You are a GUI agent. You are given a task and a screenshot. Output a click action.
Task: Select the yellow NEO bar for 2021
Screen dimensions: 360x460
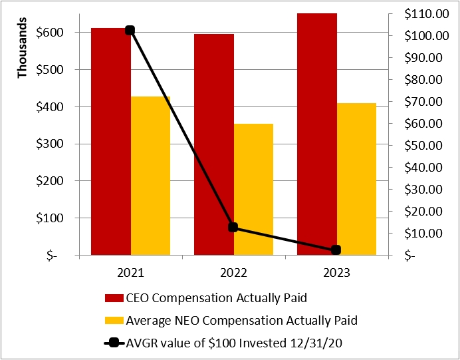point(150,176)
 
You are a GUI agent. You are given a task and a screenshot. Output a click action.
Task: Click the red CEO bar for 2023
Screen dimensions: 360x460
point(316,133)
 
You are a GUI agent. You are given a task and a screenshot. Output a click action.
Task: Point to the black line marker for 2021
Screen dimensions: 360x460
point(130,30)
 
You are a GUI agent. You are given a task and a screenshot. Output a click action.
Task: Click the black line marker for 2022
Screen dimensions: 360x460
point(233,227)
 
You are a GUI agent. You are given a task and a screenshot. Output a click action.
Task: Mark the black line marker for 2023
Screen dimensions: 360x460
point(336,250)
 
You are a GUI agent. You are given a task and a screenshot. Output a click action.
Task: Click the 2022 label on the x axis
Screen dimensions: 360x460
point(233,273)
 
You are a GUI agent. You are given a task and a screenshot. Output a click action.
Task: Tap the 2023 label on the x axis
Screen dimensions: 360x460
point(336,273)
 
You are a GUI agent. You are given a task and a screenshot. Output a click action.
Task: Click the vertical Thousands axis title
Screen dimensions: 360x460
point(23,53)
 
